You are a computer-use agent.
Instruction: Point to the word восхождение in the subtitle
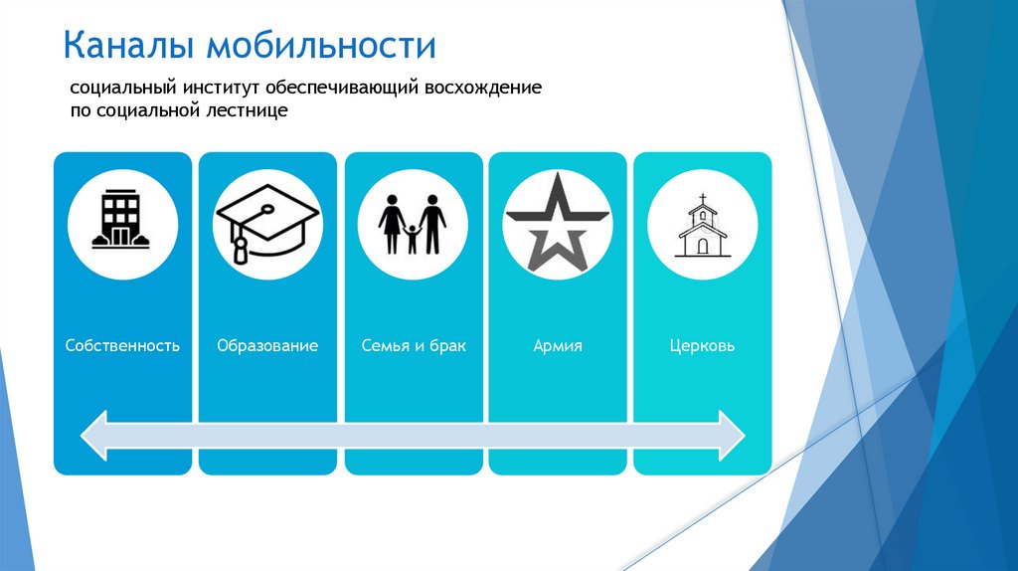point(484,89)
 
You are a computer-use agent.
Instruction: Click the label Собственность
point(122,346)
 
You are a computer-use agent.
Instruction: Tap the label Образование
point(267,346)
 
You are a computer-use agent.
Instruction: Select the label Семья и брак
point(414,346)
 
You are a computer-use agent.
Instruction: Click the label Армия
point(558,346)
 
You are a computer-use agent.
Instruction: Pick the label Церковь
point(702,346)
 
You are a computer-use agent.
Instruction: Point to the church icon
point(702,226)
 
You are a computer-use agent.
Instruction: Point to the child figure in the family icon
point(413,239)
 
